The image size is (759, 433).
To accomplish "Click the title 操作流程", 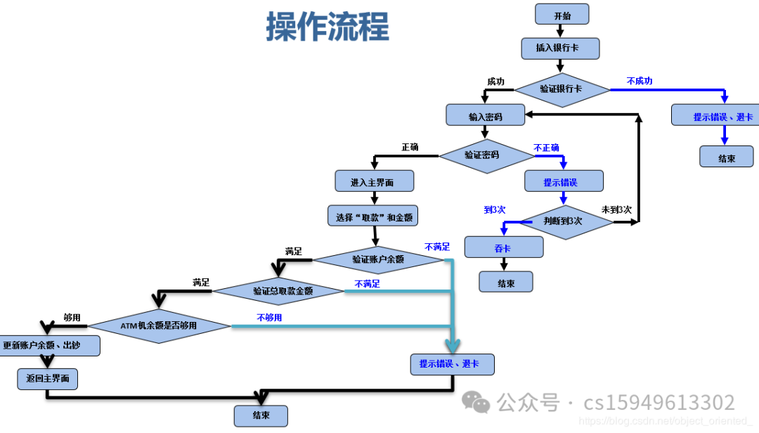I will pos(327,27).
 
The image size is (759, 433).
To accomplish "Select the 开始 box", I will pos(562,15).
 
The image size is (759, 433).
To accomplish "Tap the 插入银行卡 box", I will pos(560,48).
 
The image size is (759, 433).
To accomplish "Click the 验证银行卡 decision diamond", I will pos(562,89).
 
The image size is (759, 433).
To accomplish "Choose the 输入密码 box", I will pos(485,115).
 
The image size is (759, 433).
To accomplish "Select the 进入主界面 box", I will pos(374,181).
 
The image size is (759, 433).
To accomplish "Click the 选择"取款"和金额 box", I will pos(372,216).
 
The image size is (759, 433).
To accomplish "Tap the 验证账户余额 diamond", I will pos(378,259).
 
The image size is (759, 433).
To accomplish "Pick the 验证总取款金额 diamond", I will pos(278,290).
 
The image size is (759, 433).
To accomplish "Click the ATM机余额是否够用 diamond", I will pos(160,325).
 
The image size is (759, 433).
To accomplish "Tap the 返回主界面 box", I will pos(47,379).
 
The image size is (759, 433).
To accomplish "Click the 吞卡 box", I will pos(503,247).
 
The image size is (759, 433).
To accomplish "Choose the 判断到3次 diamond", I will pos(562,221).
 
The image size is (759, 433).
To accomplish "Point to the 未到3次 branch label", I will pos(616,209).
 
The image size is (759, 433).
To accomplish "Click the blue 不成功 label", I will pos(640,81).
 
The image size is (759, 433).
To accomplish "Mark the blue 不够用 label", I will pos(269,318).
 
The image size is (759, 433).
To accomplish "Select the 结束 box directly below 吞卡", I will pos(506,283).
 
